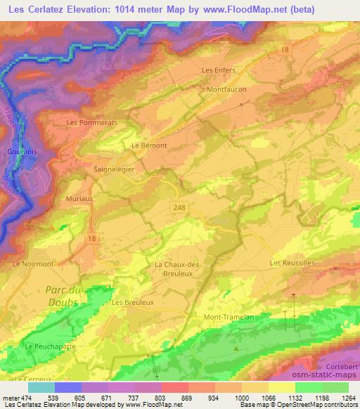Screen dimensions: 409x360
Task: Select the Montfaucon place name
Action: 226,90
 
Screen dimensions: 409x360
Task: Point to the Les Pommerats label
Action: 91,122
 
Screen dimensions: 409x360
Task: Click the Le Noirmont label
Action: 33,264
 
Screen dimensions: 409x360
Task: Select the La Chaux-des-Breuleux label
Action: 178,268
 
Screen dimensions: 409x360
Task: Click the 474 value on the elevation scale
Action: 22,397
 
